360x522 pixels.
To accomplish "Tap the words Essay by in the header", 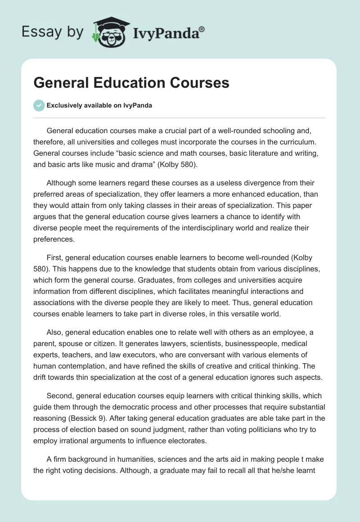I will click(x=52, y=31).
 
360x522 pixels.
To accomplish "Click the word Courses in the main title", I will click(x=198, y=83).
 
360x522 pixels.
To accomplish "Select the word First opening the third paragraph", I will click(x=55, y=257).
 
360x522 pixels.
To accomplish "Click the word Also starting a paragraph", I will click(x=55, y=332).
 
